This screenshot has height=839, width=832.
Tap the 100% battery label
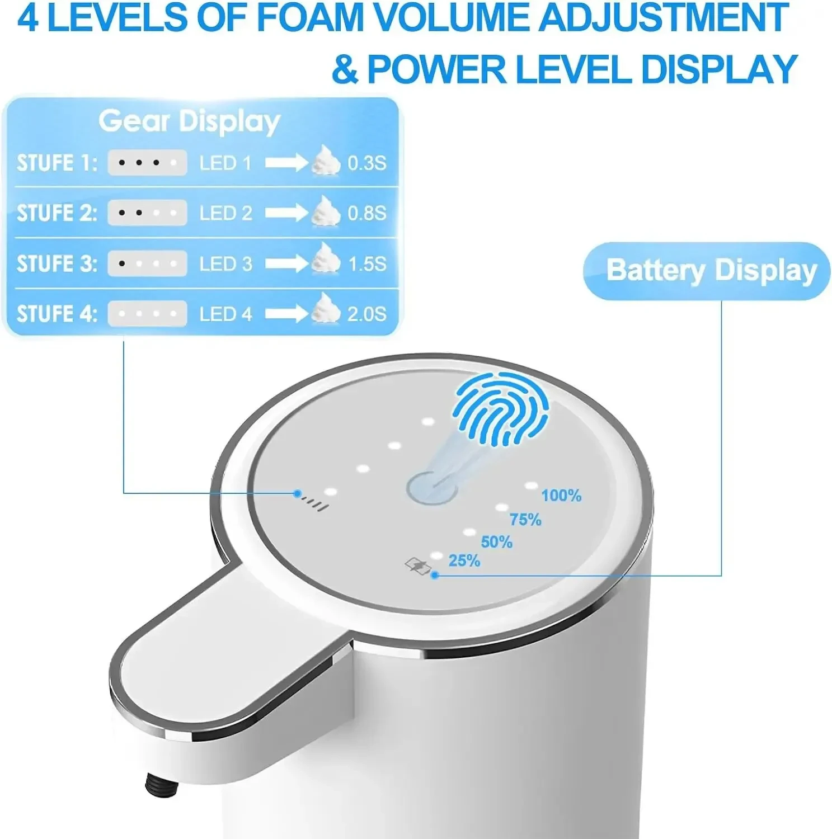click(x=561, y=496)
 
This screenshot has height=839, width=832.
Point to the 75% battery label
click(x=525, y=520)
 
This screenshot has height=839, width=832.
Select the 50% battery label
click(x=497, y=542)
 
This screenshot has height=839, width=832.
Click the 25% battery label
click(x=464, y=560)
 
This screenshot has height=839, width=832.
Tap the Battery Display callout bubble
click(x=707, y=271)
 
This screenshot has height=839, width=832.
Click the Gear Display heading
click(x=189, y=121)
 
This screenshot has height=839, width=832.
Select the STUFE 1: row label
click(x=57, y=163)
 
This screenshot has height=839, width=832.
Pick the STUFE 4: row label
click(x=57, y=314)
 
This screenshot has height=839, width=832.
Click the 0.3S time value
click(x=367, y=163)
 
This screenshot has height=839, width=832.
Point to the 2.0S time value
click(x=367, y=314)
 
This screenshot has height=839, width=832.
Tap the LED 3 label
click(x=226, y=264)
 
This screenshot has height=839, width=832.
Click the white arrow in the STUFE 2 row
click(x=286, y=213)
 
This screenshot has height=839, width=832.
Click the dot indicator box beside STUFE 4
click(x=147, y=314)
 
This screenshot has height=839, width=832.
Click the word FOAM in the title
click(x=310, y=18)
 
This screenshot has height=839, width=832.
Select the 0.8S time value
click(x=367, y=213)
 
